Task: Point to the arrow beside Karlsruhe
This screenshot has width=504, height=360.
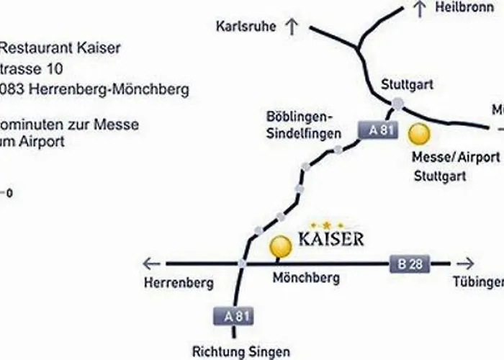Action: click(292, 27)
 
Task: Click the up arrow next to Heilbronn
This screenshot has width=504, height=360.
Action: click(421, 9)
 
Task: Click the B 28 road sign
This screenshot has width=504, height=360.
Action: click(410, 264)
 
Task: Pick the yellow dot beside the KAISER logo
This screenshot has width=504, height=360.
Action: click(279, 246)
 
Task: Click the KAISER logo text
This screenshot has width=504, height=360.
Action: click(330, 238)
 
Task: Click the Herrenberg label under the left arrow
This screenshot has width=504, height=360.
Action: click(178, 283)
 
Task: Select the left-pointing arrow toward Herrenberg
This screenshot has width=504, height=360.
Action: click(150, 264)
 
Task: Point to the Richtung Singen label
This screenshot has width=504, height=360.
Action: click(240, 352)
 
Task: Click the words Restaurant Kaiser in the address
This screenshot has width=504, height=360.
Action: click(60, 48)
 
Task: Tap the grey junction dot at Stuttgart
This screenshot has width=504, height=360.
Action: click(398, 105)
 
